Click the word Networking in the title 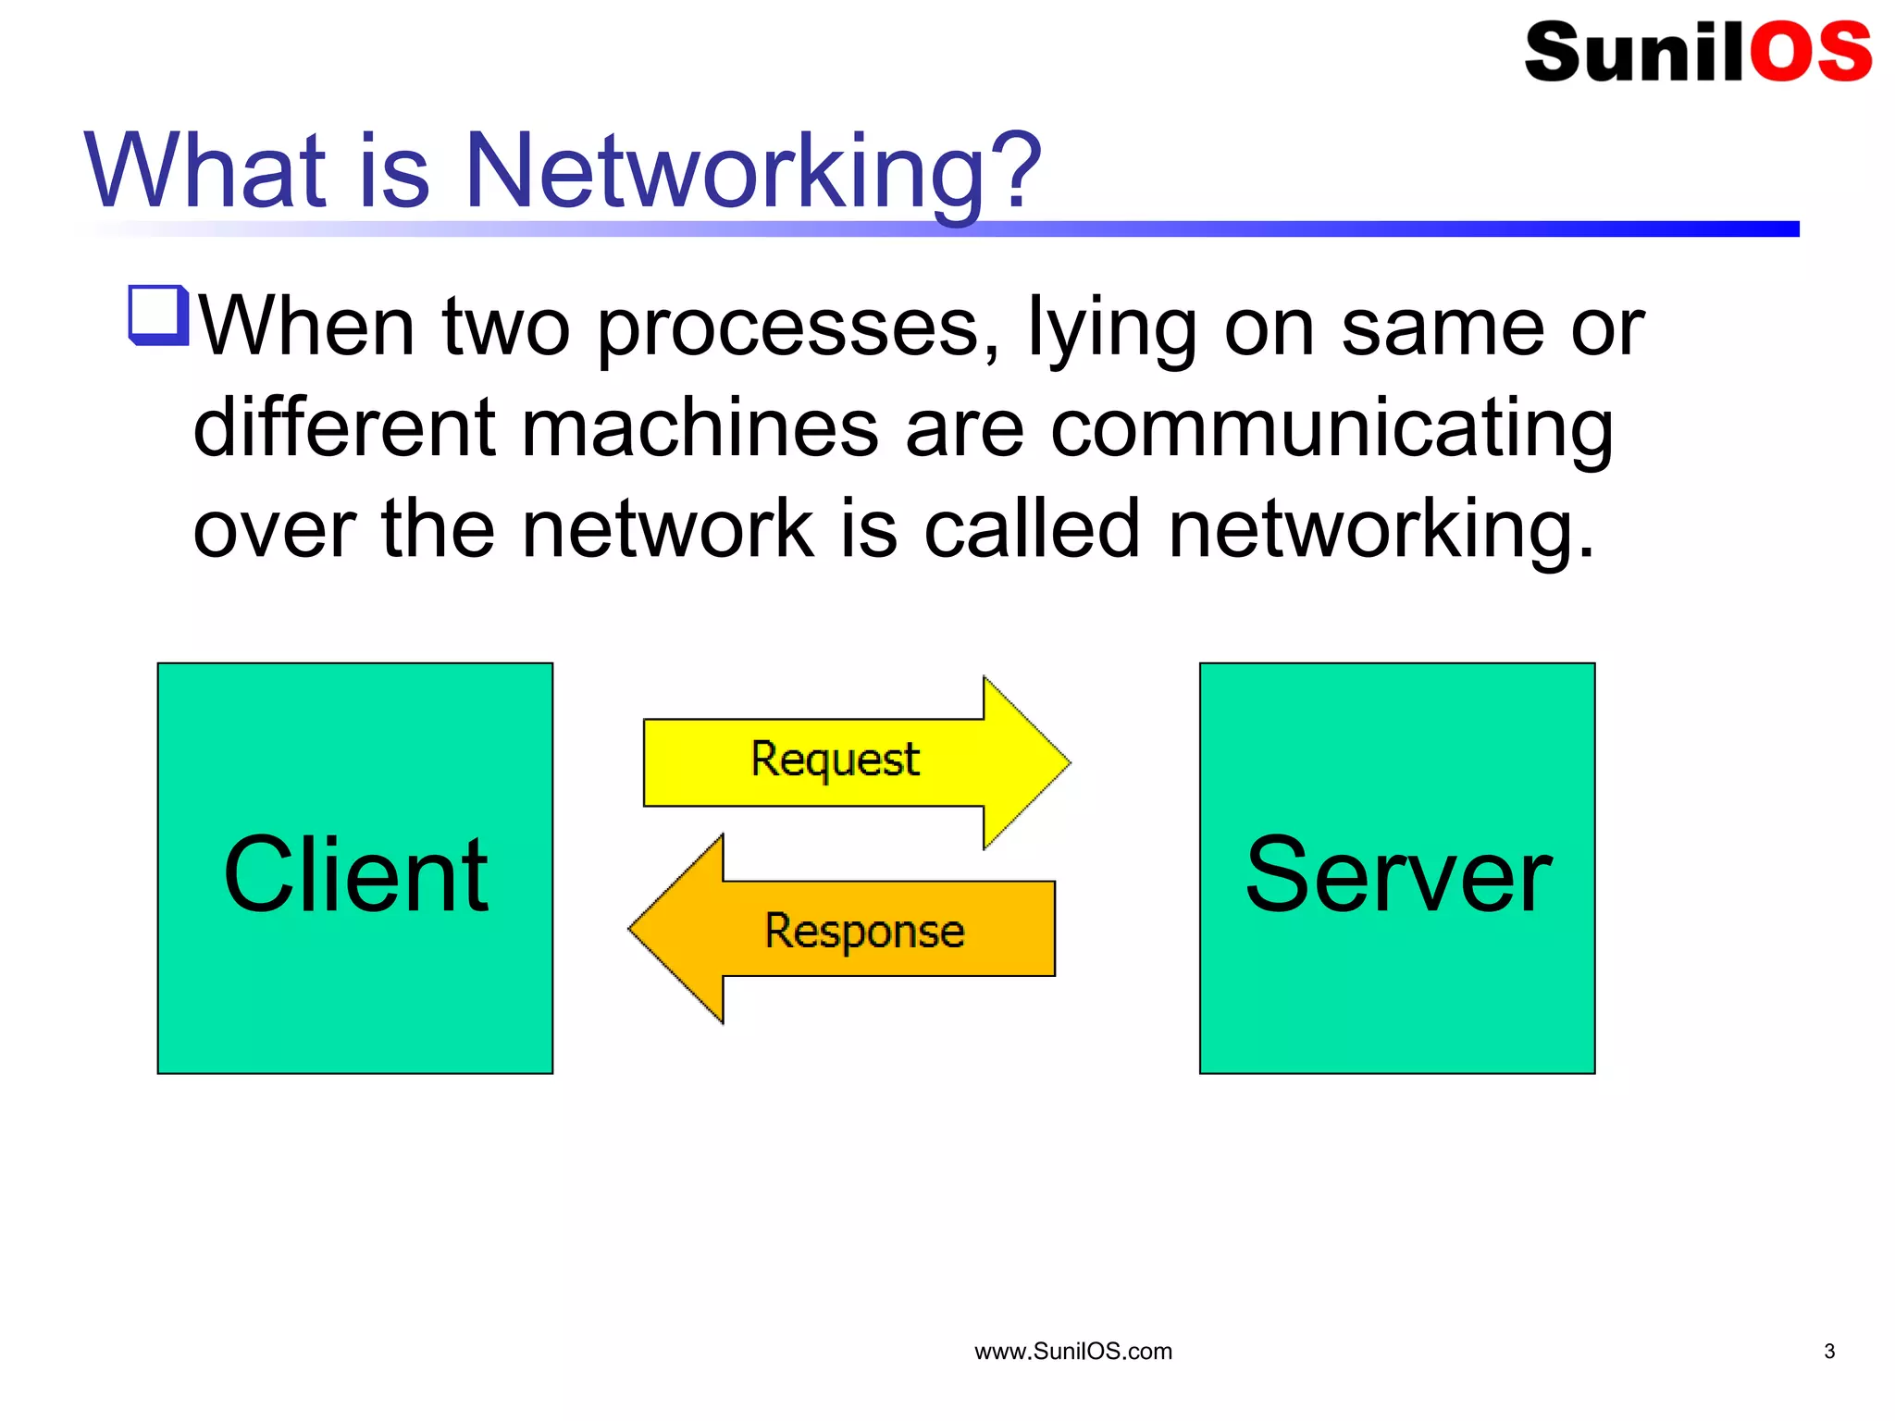point(722,171)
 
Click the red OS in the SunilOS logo point(1809,52)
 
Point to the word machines point(699,428)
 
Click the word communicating point(1332,428)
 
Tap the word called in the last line point(1032,529)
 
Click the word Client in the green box point(355,874)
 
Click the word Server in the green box point(1397,874)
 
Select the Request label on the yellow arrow point(835,760)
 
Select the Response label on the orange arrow point(864,930)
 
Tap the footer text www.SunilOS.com point(1072,1352)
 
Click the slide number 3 point(1828,1352)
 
